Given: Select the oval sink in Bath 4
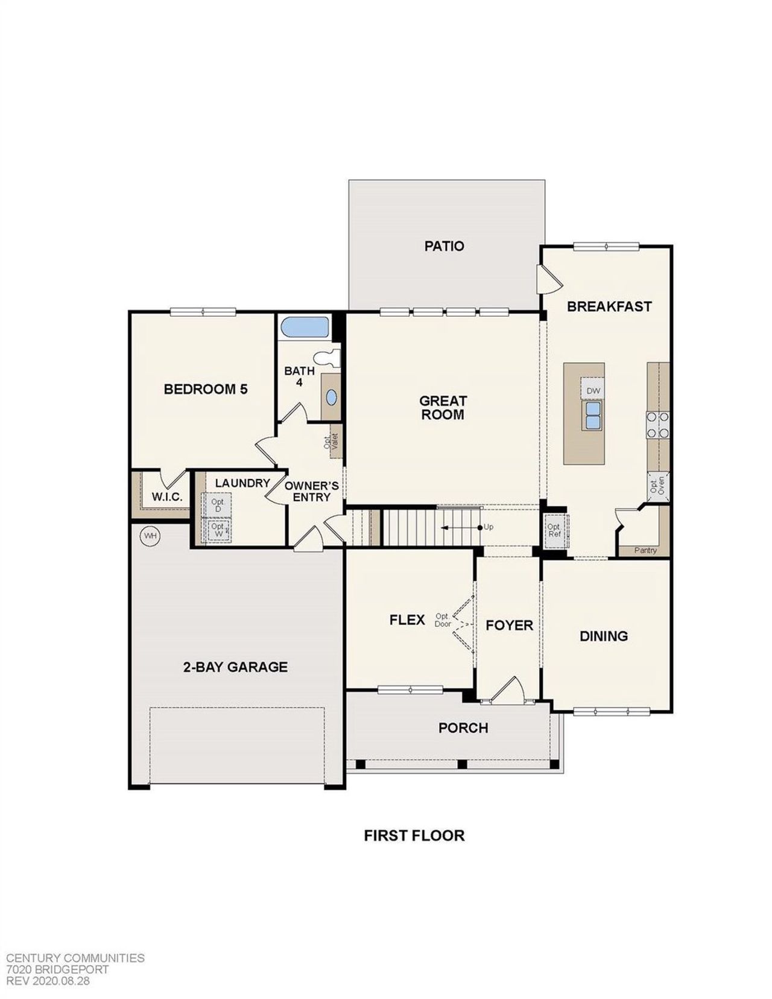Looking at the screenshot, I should [x=332, y=397].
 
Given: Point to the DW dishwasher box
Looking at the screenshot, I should [x=593, y=391].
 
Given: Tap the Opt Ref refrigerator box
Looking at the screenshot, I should [x=554, y=531].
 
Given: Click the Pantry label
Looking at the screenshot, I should [x=645, y=550].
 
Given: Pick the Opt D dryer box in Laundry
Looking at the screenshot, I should [x=217, y=506].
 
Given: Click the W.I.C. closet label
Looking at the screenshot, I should [x=167, y=497].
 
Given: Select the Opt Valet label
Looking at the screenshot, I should [x=332, y=442].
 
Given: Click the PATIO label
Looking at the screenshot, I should [x=444, y=246].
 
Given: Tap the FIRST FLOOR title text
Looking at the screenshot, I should [x=414, y=836].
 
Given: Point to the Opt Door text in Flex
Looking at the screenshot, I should [x=443, y=620].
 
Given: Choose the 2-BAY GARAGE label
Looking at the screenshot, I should [x=235, y=667].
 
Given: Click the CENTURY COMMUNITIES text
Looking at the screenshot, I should [x=75, y=958].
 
